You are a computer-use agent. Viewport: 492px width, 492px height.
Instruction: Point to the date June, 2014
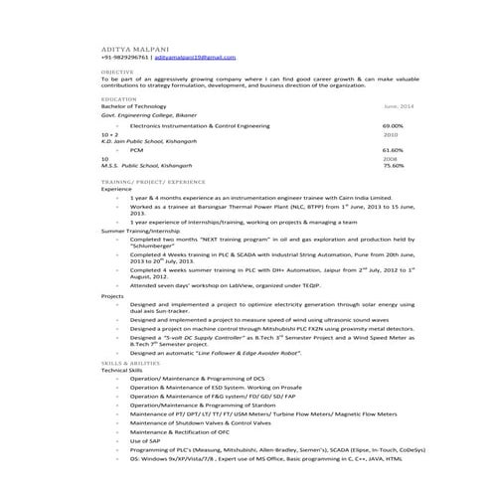click(399, 105)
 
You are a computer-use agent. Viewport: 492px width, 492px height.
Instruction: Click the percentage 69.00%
click(393, 126)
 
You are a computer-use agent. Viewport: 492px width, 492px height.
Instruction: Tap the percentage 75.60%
click(393, 166)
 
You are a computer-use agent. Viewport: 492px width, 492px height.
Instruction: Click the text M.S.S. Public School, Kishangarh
click(151, 166)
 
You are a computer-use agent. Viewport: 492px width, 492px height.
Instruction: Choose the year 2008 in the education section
click(390, 158)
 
